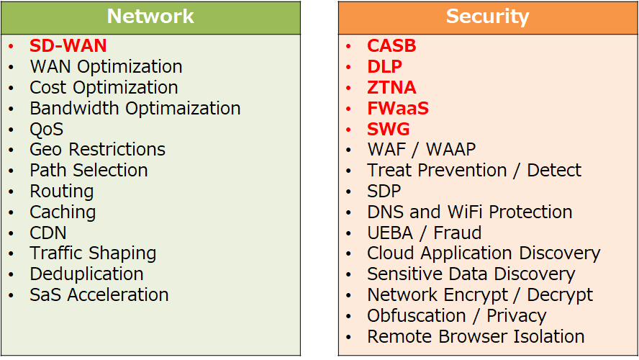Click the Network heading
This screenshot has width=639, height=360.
(x=150, y=17)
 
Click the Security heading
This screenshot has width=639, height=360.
(x=487, y=17)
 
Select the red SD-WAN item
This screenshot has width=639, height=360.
(x=68, y=45)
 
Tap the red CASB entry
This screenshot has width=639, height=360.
(x=391, y=45)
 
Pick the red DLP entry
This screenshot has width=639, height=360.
(x=385, y=66)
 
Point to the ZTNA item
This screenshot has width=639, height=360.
(x=391, y=87)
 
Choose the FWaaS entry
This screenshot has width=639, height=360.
(x=398, y=108)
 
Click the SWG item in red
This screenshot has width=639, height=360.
(x=389, y=129)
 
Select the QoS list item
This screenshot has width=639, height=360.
(x=47, y=130)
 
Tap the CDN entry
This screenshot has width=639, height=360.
(x=48, y=233)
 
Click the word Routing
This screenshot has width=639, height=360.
(x=62, y=192)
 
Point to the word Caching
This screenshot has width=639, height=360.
(x=63, y=212)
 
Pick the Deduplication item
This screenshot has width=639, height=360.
(x=87, y=274)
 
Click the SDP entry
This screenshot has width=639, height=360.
(x=384, y=192)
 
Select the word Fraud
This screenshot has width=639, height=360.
(x=457, y=233)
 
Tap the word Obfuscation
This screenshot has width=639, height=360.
(x=416, y=315)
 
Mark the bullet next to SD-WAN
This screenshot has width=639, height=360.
(x=11, y=46)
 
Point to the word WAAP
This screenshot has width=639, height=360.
(x=450, y=150)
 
